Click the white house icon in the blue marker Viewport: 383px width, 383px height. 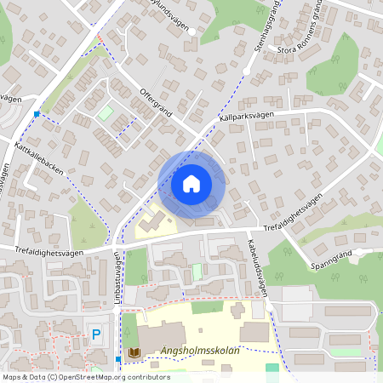coord(191,184)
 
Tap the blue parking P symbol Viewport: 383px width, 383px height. coord(96,335)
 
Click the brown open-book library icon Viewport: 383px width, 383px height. coord(133,352)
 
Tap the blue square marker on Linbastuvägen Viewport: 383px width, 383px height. coord(118,360)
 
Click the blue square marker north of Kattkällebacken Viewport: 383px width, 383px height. coord(37,113)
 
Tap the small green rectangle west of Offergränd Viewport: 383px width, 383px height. coord(105,112)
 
